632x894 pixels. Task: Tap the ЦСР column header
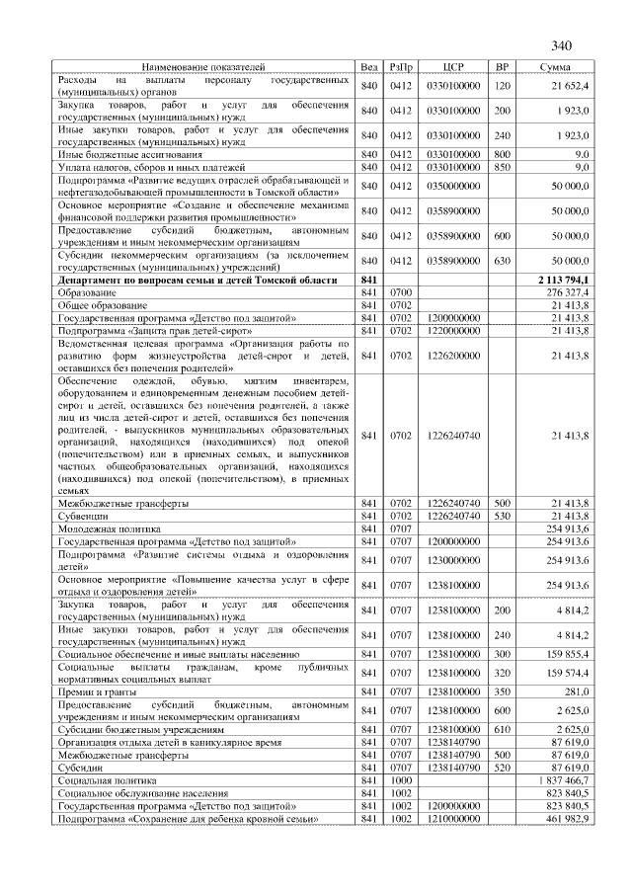453,66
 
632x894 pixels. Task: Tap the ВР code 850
503,167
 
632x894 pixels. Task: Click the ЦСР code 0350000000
453,186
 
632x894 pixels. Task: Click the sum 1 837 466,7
563,779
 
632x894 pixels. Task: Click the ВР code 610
503,728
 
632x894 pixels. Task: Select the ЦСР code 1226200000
453,355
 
